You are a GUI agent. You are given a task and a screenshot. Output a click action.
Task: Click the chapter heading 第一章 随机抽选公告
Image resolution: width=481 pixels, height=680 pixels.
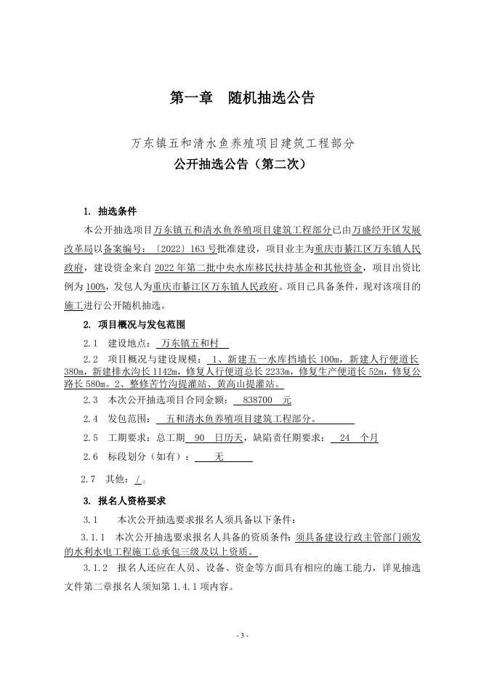[x=241, y=98]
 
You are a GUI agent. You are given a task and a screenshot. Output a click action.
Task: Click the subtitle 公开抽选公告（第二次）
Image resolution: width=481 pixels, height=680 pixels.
[x=241, y=164]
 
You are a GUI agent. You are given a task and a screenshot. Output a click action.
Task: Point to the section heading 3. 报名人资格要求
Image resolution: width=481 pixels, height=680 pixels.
[x=124, y=501]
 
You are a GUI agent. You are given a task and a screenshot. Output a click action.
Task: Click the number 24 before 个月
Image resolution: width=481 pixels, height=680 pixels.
[x=344, y=438]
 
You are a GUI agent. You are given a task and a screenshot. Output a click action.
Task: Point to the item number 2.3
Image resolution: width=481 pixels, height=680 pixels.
[x=90, y=400]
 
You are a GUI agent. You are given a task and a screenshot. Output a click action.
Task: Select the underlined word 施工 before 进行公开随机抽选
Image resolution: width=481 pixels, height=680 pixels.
[x=74, y=305]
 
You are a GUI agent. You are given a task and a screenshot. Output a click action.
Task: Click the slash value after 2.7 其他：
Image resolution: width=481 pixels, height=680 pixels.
[x=138, y=479]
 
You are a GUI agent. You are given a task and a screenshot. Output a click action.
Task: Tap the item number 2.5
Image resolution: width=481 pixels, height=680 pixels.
[x=90, y=438]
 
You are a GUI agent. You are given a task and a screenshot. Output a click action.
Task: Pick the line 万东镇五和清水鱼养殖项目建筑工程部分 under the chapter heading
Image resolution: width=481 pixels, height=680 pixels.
[x=243, y=144]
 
